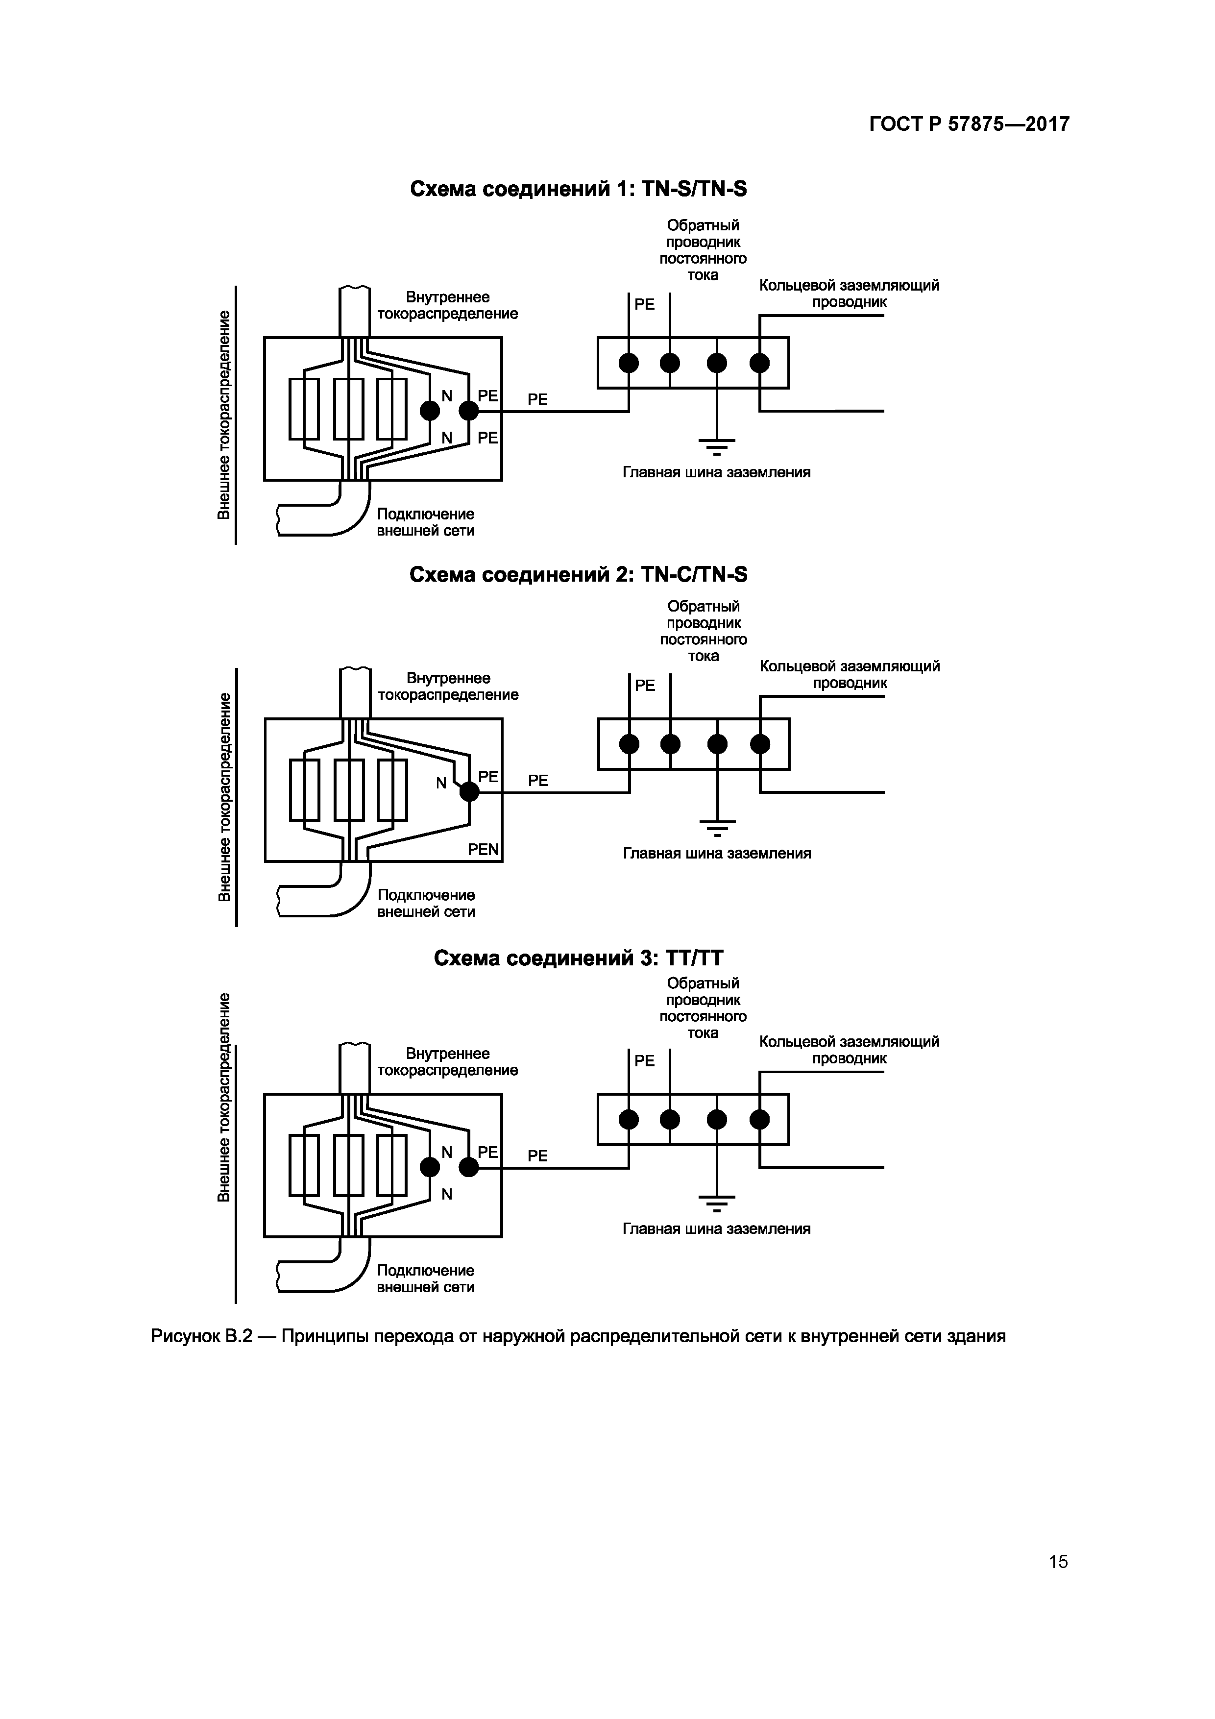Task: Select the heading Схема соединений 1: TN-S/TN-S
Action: pyautogui.click(x=578, y=190)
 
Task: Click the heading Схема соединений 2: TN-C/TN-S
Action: pyautogui.click(x=578, y=574)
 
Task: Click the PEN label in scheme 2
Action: pyautogui.click(x=483, y=850)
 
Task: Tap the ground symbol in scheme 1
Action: pyautogui.click(x=717, y=446)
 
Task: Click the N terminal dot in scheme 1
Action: pyautogui.click(x=430, y=410)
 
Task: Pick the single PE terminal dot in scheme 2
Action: pyautogui.click(x=469, y=791)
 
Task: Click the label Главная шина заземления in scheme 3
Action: pyautogui.click(x=716, y=1228)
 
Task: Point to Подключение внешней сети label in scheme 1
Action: pyautogui.click(x=425, y=522)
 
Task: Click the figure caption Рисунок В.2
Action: pyautogui.click(x=578, y=1336)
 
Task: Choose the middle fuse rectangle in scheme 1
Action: pyautogui.click(x=348, y=409)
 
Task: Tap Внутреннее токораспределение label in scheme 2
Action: pyautogui.click(x=448, y=687)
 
